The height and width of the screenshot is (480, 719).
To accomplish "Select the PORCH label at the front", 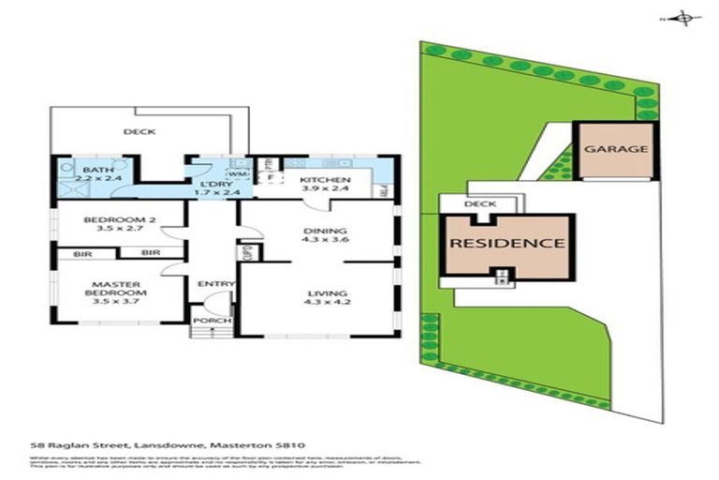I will pyautogui.click(x=206, y=321).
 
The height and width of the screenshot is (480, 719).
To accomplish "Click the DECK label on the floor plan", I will pyautogui.click(x=139, y=132).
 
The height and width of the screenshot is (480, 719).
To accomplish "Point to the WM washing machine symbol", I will pyautogui.click(x=238, y=173).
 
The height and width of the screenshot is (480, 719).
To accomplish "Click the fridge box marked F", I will pyautogui.click(x=271, y=175).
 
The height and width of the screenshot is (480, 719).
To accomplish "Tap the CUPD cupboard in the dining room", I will pyautogui.click(x=248, y=251).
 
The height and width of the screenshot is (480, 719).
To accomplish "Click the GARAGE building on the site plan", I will pyautogui.click(x=616, y=149).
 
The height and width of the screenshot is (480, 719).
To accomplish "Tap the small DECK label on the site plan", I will pyautogui.click(x=479, y=203).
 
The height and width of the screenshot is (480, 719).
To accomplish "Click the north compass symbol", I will pyautogui.click(x=684, y=18).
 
